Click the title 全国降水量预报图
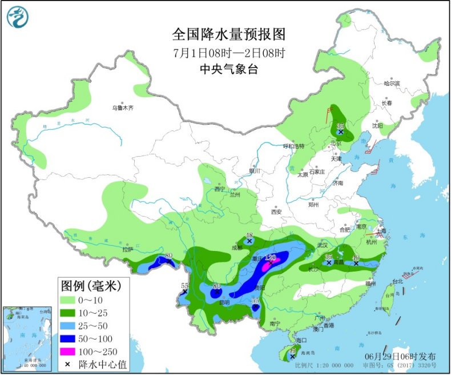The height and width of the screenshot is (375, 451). pyautogui.click(x=228, y=34)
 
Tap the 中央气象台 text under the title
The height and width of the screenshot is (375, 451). pyautogui.click(x=228, y=69)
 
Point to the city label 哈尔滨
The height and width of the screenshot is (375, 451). pyautogui.click(x=392, y=83)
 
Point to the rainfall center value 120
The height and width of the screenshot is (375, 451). pyautogui.click(x=271, y=257)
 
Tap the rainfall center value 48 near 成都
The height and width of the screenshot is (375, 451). pyautogui.click(x=249, y=235)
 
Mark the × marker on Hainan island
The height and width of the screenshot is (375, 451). pyautogui.click(x=292, y=356)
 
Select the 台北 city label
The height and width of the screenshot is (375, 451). pyautogui.click(x=397, y=281)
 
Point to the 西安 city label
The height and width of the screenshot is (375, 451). pyautogui.click(x=276, y=212)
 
